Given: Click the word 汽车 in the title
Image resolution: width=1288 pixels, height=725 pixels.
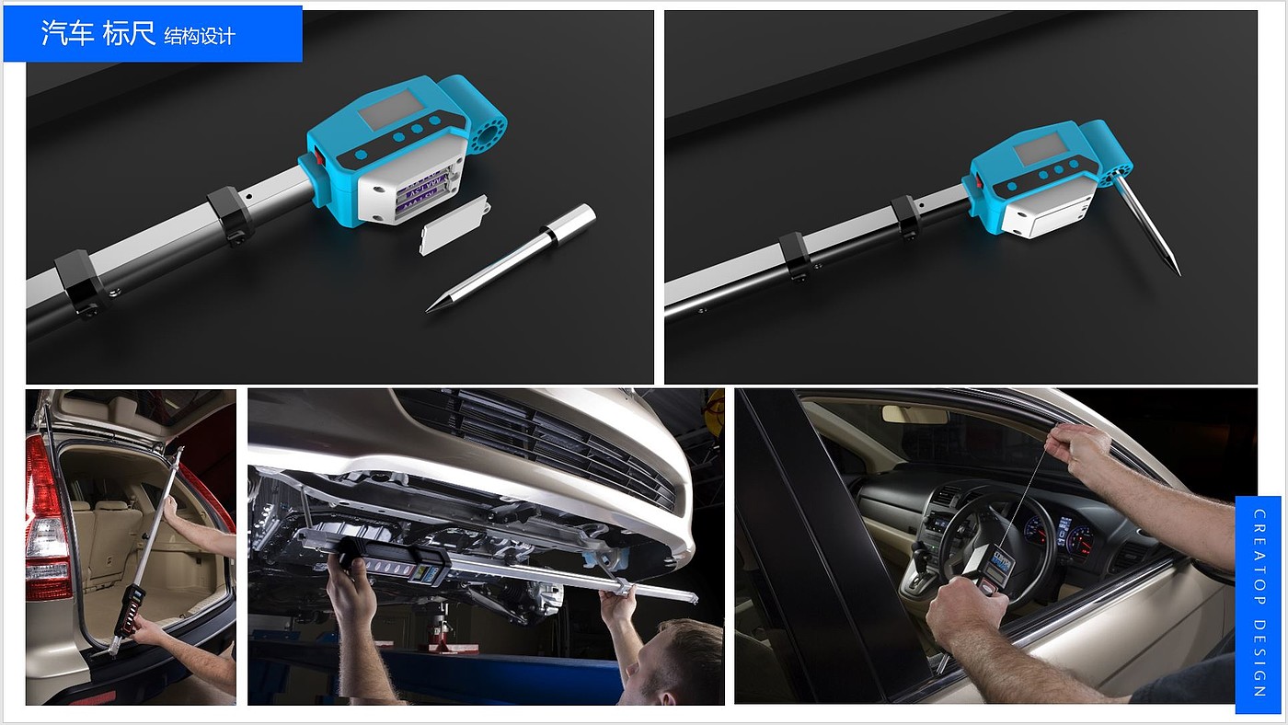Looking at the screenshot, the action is click(67, 33).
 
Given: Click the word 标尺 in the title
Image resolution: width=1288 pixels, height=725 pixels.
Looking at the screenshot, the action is click(130, 33).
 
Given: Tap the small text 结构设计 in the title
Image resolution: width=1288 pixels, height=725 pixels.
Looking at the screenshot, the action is click(200, 36).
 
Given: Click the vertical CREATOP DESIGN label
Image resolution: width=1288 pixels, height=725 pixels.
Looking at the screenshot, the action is click(1259, 604).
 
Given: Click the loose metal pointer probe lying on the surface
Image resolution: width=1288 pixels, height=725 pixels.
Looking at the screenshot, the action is click(511, 259).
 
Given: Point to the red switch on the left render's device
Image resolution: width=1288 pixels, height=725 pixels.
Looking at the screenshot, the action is click(319, 155).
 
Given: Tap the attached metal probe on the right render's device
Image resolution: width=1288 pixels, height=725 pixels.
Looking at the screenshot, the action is click(1147, 225).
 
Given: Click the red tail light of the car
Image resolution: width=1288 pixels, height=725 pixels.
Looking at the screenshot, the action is click(46, 517).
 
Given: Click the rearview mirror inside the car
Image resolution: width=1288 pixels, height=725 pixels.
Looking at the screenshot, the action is click(914, 415).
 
